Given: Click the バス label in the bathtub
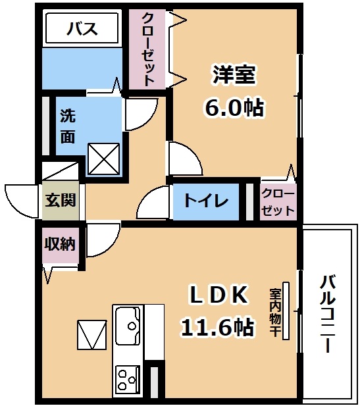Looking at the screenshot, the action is (x=82, y=28).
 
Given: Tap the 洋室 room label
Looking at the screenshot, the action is (x=234, y=75).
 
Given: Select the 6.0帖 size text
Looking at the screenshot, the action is (x=234, y=107).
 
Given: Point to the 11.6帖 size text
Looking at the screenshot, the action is (x=217, y=327).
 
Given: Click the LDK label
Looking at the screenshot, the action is (x=219, y=295).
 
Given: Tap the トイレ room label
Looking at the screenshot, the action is (x=206, y=200).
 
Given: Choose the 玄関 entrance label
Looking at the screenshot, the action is (x=61, y=200).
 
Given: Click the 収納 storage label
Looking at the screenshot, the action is (x=60, y=243).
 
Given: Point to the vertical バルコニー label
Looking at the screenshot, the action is (x=328, y=315).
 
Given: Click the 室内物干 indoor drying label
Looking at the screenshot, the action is (x=275, y=313).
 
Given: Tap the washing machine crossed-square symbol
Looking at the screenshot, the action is (x=104, y=159).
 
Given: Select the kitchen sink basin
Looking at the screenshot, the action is (x=128, y=326).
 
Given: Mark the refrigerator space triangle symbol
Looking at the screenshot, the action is (x=92, y=335).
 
